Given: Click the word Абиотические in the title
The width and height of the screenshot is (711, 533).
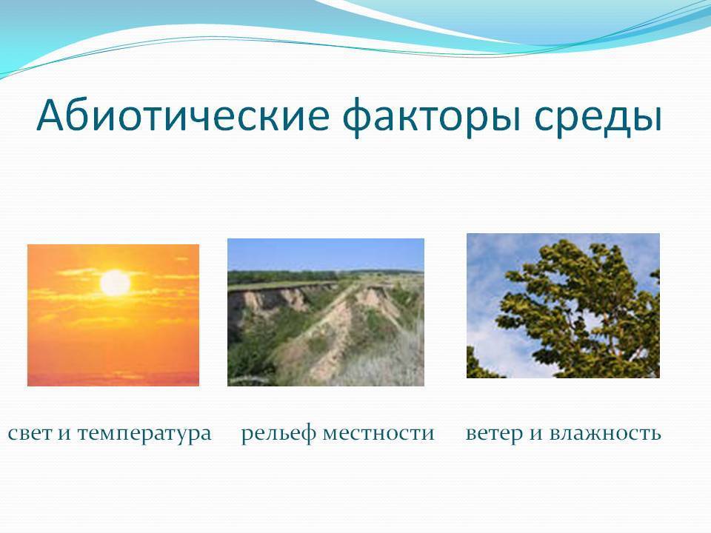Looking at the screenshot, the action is tap(183, 115).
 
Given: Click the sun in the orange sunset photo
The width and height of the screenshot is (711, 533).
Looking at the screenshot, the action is tap(116, 283).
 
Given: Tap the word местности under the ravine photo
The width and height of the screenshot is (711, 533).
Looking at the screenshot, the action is tap(378, 434).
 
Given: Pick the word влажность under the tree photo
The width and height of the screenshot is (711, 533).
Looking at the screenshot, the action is tap(605, 433).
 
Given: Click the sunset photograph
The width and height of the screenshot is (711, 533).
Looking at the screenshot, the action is tap(113, 315).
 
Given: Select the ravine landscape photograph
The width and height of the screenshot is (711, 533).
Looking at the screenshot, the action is tap(326, 312).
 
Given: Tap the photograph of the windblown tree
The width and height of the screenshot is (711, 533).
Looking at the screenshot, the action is tap(563, 306).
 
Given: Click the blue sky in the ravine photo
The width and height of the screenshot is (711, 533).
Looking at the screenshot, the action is tap(326, 254).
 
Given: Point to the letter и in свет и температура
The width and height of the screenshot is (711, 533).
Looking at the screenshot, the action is tap(64, 435).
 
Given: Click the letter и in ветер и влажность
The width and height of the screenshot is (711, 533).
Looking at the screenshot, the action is tap(536, 435).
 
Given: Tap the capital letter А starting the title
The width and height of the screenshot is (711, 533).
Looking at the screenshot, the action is tap(51, 115).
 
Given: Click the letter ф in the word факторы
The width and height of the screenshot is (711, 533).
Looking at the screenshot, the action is tap(358, 116).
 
